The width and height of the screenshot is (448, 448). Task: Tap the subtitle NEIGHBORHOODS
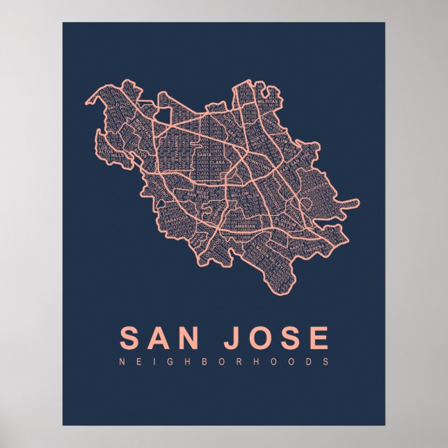coord(223,362)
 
